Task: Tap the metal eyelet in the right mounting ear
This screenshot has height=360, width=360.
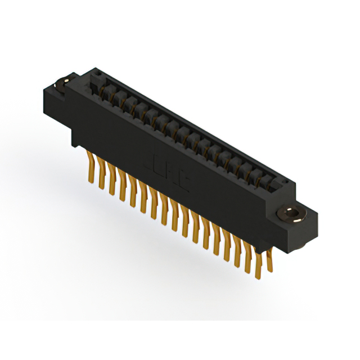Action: coord(291,214)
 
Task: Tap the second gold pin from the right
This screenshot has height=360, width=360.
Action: coord(259,260)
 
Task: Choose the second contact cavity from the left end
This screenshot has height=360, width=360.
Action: coord(115,92)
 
